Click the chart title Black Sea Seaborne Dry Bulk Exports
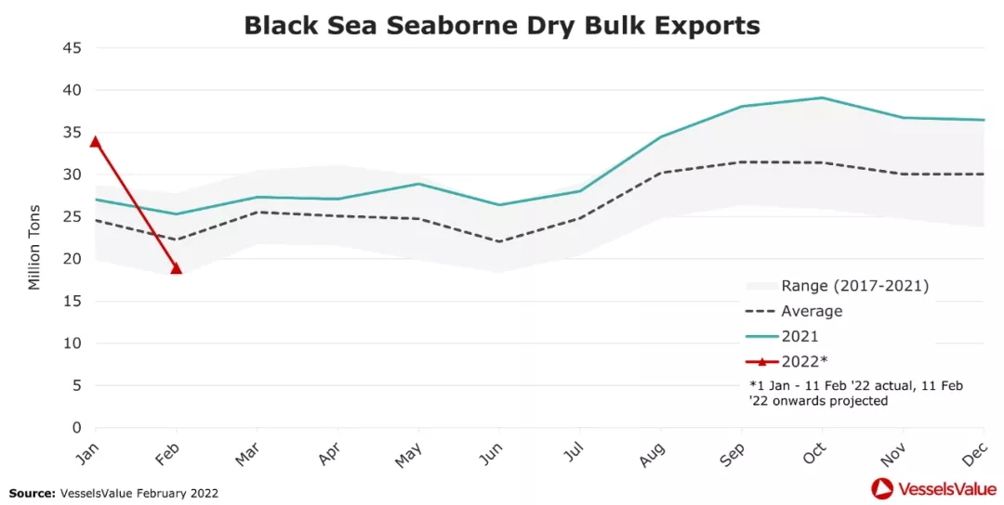(x=502, y=25)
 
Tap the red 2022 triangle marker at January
(x=95, y=142)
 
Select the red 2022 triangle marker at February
(x=176, y=268)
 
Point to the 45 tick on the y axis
(x=73, y=48)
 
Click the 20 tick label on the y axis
(x=73, y=259)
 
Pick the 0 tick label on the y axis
(x=76, y=428)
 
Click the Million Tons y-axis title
(x=34, y=247)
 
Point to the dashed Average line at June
(x=499, y=241)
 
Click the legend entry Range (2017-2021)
(x=854, y=286)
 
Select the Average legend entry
(x=812, y=312)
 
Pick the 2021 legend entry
(x=799, y=336)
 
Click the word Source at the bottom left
(x=32, y=493)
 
